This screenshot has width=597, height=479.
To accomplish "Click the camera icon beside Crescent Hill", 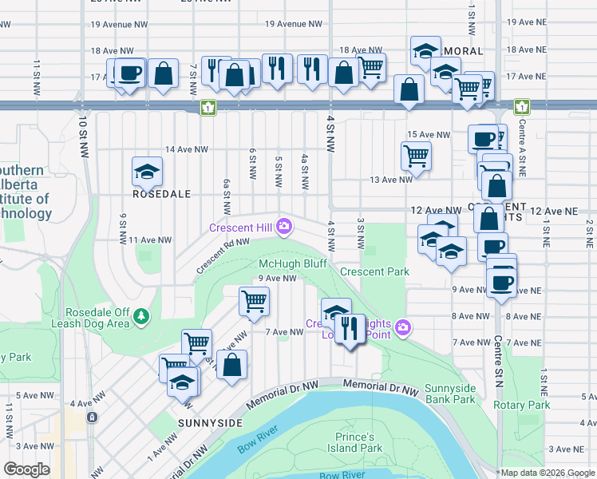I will (285, 228).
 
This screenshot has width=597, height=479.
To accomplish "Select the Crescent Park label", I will (374, 271).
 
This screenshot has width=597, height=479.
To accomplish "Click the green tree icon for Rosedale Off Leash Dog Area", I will (141, 317).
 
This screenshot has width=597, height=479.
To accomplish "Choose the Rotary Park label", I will (521, 405).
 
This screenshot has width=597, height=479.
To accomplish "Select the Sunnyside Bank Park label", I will (450, 394).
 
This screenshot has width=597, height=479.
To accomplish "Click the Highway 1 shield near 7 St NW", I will (208, 106).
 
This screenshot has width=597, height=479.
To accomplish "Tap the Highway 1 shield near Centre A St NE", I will (522, 106).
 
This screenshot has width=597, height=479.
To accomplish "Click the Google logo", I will (26, 469).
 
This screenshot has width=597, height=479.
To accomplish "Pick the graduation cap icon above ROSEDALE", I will (147, 170).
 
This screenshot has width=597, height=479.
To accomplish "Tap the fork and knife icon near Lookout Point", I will (350, 327).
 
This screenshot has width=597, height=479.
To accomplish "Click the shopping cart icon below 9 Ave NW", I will (254, 301).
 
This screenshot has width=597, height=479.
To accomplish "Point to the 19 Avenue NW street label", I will (120, 25).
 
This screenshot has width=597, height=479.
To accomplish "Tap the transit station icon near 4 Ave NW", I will (93, 417).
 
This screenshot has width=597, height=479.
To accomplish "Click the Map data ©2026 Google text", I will (547, 473).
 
